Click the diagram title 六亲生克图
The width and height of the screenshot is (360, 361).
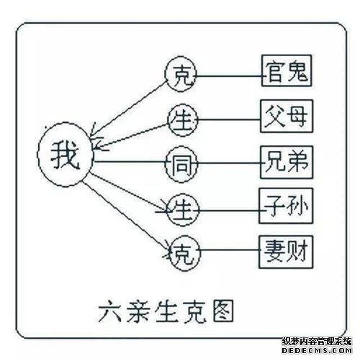click(166, 311)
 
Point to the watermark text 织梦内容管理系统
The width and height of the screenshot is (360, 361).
click(317, 341)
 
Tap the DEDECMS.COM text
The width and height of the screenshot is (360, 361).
click(317, 350)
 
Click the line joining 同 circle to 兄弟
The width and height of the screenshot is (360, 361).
click(229, 163)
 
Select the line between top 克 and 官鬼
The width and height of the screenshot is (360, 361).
click(229, 76)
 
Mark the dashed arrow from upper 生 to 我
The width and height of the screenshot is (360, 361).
click(130, 136)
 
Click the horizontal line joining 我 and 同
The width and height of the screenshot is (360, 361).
click(130, 161)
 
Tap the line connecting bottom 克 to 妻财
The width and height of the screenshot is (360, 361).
click(230, 250)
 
